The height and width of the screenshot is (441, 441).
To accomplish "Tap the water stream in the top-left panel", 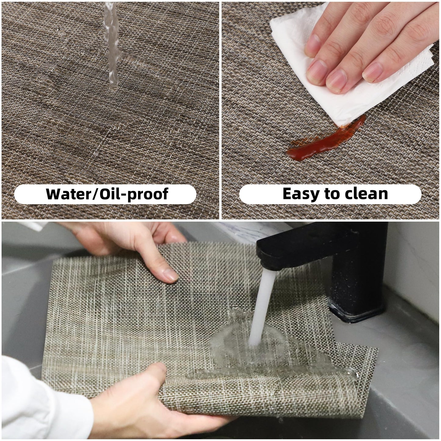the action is coord(112,46).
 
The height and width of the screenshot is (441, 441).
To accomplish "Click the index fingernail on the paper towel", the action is coord(317,72).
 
